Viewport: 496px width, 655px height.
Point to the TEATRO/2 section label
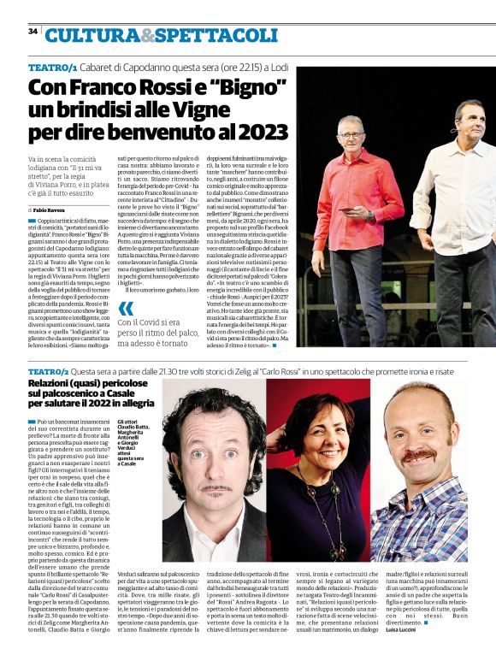point(49,372)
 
